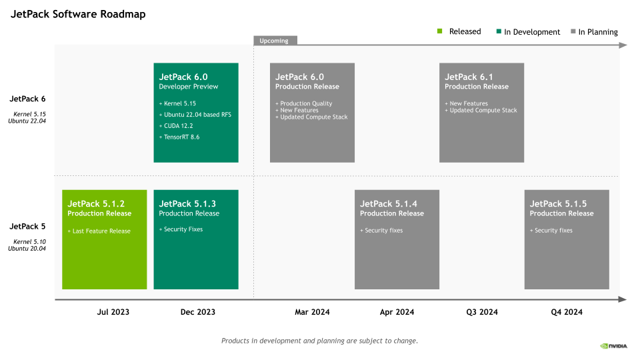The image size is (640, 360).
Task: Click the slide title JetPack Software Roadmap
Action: [x=78, y=14]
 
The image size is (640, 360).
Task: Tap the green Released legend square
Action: [x=440, y=31]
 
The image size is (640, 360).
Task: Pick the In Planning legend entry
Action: [x=594, y=31]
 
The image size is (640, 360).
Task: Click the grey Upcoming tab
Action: [x=275, y=41]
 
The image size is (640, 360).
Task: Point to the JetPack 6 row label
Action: [x=27, y=99]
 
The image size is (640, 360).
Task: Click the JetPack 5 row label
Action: [x=27, y=226]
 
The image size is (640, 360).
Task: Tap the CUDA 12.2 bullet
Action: [x=176, y=125]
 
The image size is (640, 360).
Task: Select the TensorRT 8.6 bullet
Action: [x=179, y=137]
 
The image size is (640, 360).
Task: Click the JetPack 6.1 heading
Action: [x=469, y=77]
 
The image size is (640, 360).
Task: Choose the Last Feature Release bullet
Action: [x=99, y=231]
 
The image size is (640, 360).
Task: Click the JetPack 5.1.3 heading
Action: [x=187, y=203]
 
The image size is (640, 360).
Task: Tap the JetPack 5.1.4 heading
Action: [x=389, y=203]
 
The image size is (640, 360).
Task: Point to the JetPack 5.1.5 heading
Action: [x=558, y=203]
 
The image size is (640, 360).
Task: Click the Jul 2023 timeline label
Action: [x=113, y=312]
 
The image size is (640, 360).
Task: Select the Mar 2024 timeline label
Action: [x=312, y=312]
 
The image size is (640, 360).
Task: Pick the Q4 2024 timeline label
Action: [x=566, y=312]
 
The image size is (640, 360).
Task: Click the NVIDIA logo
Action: [x=613, y=345]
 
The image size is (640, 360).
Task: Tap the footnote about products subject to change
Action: [x=319, y=341]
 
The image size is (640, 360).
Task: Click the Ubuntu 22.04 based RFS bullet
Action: [x=195, y=115]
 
